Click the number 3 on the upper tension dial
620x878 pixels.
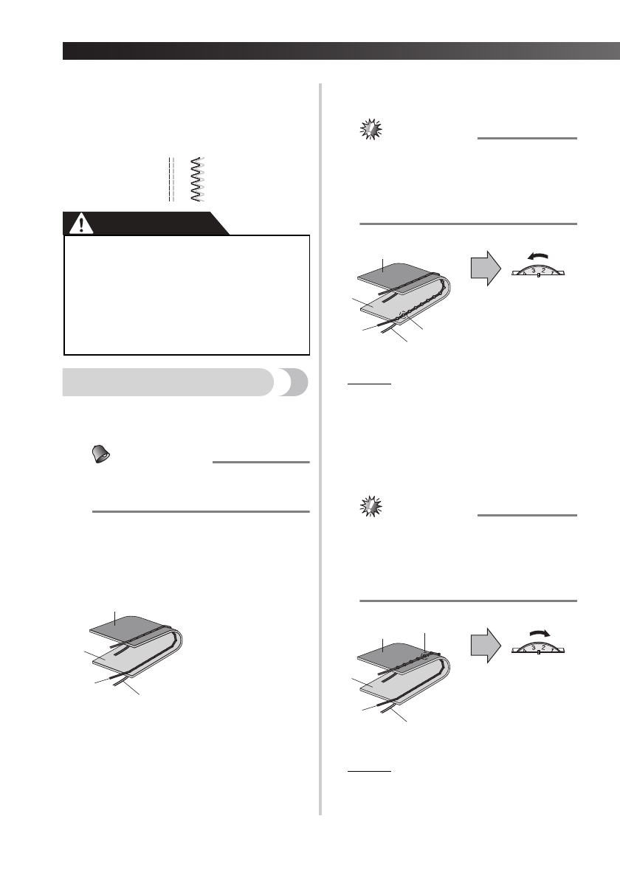532,270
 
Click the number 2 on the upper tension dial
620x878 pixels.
543,270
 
